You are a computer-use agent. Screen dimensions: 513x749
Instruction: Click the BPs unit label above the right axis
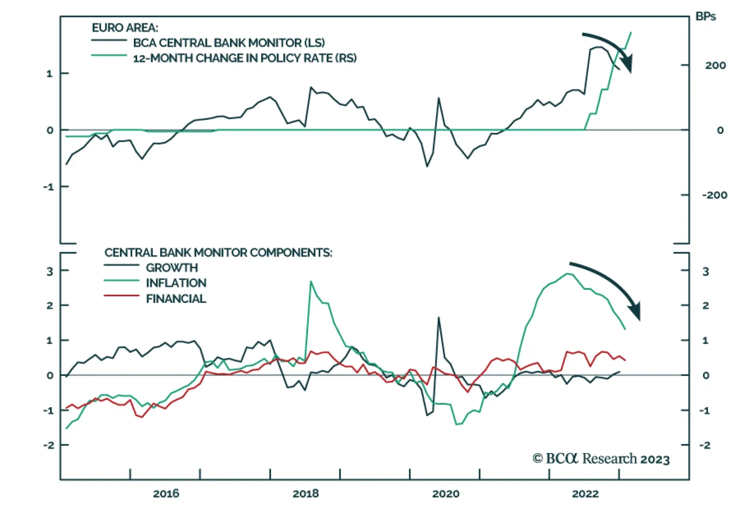pyautogui.click(x=705, y=16)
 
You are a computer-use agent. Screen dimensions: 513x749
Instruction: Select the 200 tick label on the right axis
pyautogui.click(x=715, y=66)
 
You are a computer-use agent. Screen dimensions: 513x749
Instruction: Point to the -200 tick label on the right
pyautogui.click(x=714, y=195)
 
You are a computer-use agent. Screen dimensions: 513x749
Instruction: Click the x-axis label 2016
pyautogui.click(x=166, y=493)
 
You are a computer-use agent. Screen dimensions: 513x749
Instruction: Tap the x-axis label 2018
pyautogui.click(x=305, y=493)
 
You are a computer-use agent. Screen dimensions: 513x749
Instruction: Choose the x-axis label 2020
pyautogui.click(x=445, y=493)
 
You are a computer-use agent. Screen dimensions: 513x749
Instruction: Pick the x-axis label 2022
pyautogui.click(x=585, y=493)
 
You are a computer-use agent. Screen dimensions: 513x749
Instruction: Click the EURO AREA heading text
pyautogui.click(x=125, y=28)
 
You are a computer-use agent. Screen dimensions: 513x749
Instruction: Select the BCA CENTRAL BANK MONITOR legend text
pyautogui.click(x=228, y=43)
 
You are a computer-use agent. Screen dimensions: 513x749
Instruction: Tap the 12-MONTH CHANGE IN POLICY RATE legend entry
pyautogui.click(x=244, y=58)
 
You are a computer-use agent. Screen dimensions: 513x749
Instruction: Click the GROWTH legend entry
pyautogui.click(x=172, y=268)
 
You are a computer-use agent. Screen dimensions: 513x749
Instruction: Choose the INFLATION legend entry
pyautogui.click(x=176, y=283)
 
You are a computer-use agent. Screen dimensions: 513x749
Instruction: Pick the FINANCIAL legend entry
pyautogui.click(x=176, y=299)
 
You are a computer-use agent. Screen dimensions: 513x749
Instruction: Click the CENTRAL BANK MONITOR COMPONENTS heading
pyautogui.click(x=218, y=253)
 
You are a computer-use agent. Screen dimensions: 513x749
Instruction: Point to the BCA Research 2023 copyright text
pyautogui.click(x=601, y=459)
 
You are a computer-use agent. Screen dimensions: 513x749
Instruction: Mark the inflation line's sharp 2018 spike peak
pyautogui.click(x=311, y=282)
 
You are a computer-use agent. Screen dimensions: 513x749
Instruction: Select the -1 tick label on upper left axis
pyautogui.click(x=49, y=187)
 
